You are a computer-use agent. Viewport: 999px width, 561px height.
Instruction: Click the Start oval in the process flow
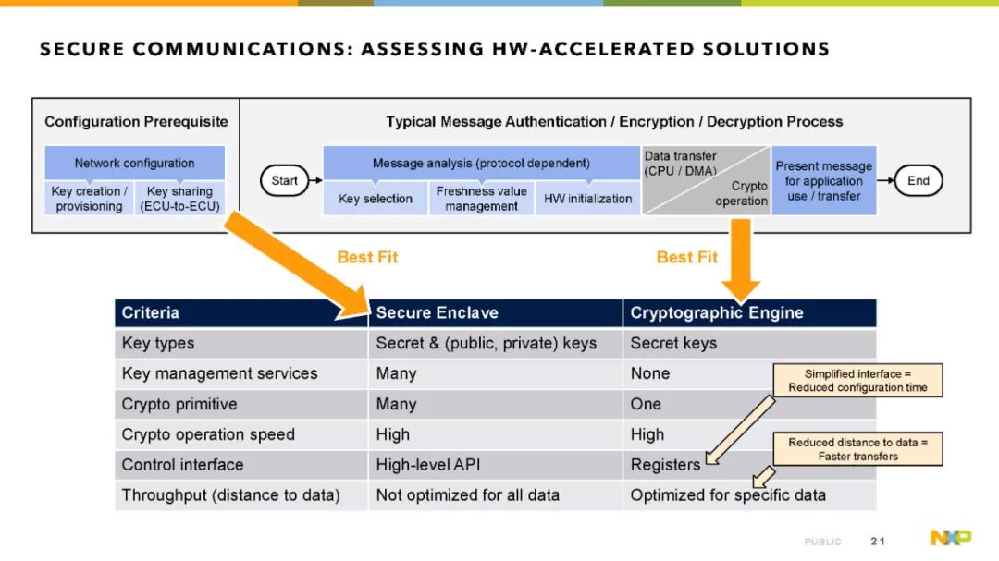(284, 181)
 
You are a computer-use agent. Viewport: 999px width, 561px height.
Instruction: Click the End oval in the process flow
(919, 181)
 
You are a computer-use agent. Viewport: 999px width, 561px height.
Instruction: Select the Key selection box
(376, 199)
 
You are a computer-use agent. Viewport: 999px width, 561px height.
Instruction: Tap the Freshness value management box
(481, 199)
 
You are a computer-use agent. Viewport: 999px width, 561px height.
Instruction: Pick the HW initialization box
(587, 199)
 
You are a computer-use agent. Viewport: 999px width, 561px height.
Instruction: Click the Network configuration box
(134, 163)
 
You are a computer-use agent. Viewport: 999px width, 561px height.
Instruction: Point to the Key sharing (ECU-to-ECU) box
(179, 199)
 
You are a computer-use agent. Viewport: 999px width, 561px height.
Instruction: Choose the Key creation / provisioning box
(89, 199)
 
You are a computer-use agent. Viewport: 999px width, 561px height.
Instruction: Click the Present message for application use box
(824, 181)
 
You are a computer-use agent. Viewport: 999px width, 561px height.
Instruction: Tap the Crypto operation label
(741, 193)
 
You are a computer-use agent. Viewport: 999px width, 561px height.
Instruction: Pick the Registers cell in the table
(665, 465)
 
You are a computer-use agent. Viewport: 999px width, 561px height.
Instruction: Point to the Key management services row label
(220, 373)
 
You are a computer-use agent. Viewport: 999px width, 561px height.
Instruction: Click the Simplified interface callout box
(857, 381)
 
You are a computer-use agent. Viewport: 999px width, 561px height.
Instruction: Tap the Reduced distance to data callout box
(857, 449)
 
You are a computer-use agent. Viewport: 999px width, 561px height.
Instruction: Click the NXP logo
(951, 538)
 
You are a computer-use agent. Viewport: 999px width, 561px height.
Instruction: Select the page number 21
(878, 542)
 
